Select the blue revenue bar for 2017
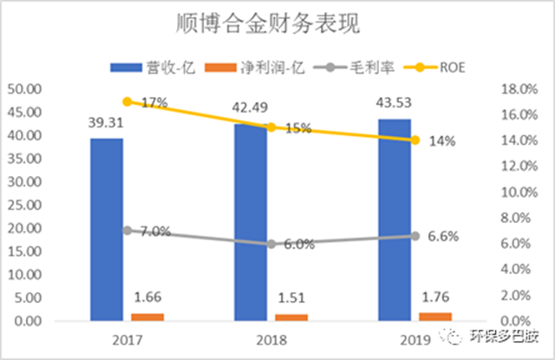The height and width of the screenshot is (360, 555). click(x=107, y=230)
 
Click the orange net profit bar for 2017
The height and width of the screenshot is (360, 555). click(x=147, y=317)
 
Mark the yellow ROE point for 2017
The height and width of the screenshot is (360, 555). click(x=127, y=101)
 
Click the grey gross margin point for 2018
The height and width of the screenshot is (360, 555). click(x=271, y=244)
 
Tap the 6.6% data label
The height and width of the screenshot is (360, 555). click(x=443, y=236)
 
